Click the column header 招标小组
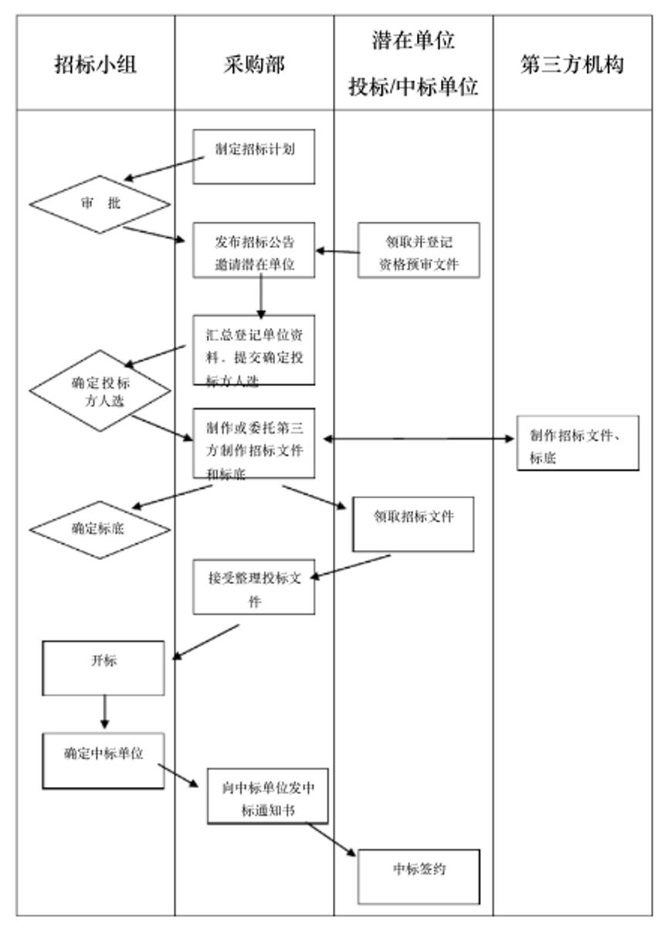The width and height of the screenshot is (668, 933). pos(96,66)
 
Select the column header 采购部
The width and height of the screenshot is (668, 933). pos(255,66)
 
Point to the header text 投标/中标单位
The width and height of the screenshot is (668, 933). pos(414,88)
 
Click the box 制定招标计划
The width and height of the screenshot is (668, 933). pos(254,156)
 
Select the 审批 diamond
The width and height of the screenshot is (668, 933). pos(100,205)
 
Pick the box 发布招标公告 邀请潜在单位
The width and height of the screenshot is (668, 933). pos(254,249)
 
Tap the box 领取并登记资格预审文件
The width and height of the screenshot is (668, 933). pos(418,249)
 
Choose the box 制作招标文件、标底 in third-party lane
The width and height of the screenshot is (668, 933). pos(578,446)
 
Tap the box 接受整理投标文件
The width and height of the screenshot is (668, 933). pos(254,586)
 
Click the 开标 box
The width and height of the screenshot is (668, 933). pos(103,667)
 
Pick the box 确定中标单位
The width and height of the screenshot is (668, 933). pos(103,760)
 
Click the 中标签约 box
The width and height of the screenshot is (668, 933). pos(419,877)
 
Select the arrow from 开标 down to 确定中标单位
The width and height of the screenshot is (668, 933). pos(104,711)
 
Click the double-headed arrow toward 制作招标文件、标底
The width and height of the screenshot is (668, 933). pos(418,439)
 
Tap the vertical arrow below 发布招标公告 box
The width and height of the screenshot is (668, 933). pos(261,297)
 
